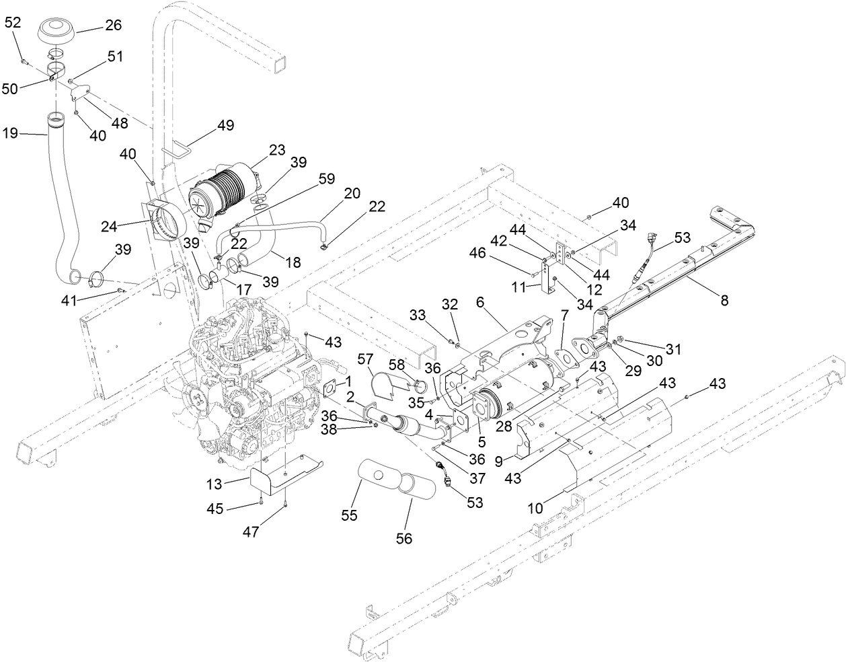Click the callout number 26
[x=112, y=25]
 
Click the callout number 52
[x=13, y=22]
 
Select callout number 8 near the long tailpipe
[x=724, y=301]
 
